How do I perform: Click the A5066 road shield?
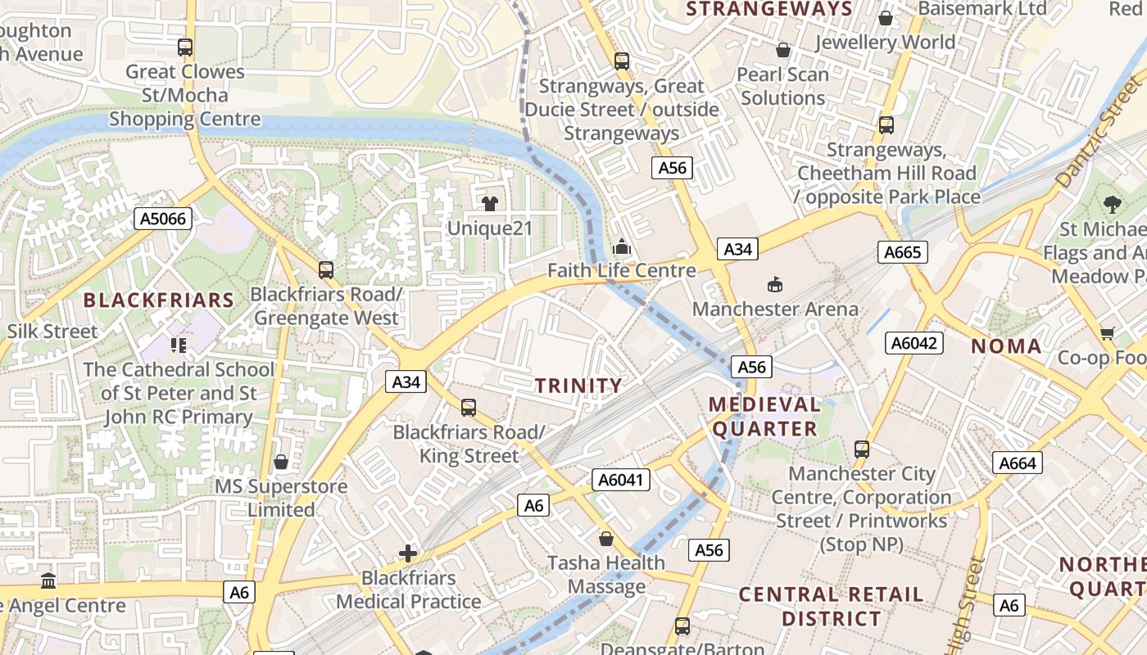tap(163, 219)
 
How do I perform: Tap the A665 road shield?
tap(903, 252)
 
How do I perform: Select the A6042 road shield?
tap(914, 343)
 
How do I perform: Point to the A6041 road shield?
tap(621, 481)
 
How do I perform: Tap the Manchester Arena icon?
tap(774, 284)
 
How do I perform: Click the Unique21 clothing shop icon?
tap(490, 203)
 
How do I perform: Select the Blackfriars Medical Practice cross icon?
tap(408, 553)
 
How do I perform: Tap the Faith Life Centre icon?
tap(622, 246)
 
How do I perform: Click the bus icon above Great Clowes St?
tap(185, 47)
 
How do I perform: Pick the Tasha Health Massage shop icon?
tap(606, 538)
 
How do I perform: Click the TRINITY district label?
tap(579, 386)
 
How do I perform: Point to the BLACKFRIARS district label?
tap(159, 300)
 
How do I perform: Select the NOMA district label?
tap(1006, 346)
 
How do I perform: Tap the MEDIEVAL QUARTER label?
tap(765, 416)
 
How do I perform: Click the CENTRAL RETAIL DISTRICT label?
tap(831, 606)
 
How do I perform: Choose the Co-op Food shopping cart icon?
tap(1108, 333)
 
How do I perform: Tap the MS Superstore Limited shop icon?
tap(281, 462)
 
